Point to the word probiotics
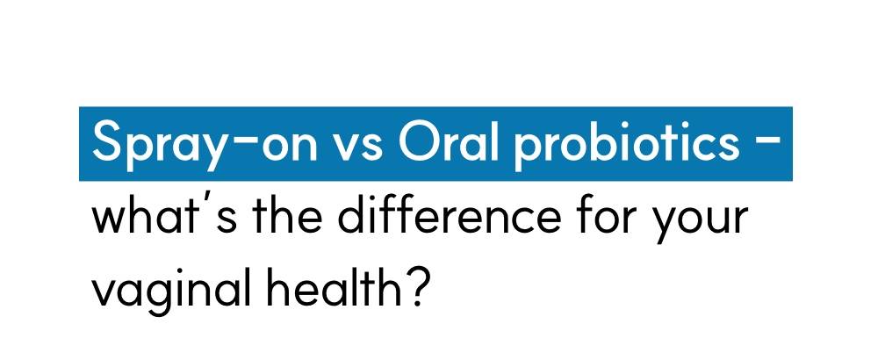coord(626,143)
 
